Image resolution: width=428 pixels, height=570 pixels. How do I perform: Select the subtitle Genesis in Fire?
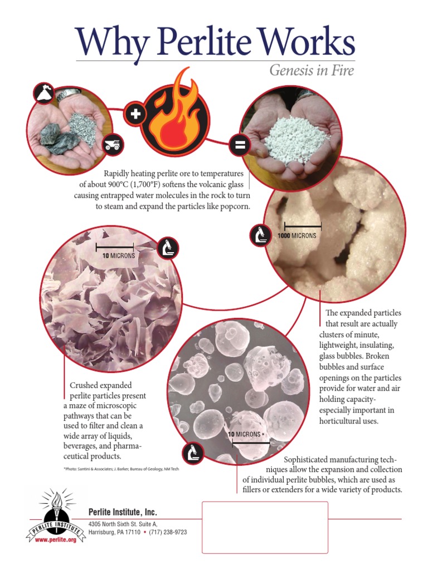[312, 71]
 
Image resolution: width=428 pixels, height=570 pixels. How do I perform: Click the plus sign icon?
[135, 115]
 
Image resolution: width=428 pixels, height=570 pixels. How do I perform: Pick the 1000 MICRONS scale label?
[297, 235]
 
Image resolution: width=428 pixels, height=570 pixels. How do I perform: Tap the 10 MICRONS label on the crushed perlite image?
[118, 255]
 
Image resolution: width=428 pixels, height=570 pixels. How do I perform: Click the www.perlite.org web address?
[55, 540]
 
